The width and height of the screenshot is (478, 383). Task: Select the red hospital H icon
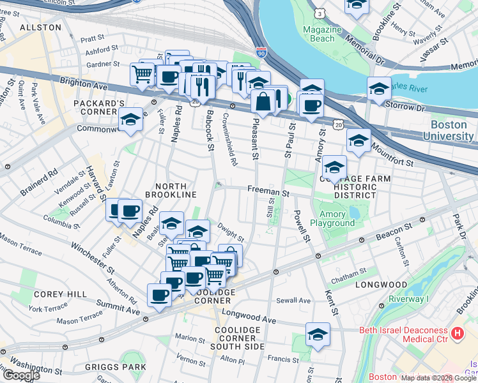click(456, 333)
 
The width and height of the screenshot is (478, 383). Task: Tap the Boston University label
click(452, 130)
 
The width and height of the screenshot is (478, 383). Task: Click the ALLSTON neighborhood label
click(40, 27)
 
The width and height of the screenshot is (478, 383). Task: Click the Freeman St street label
click(269, 190)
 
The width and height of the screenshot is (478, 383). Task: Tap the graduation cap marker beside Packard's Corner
click(130, 119)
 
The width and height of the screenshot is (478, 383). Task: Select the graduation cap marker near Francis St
click(318, 334)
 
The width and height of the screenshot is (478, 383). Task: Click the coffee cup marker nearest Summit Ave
click(159, 295)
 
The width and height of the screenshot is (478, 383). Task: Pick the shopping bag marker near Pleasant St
click(263, 100)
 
